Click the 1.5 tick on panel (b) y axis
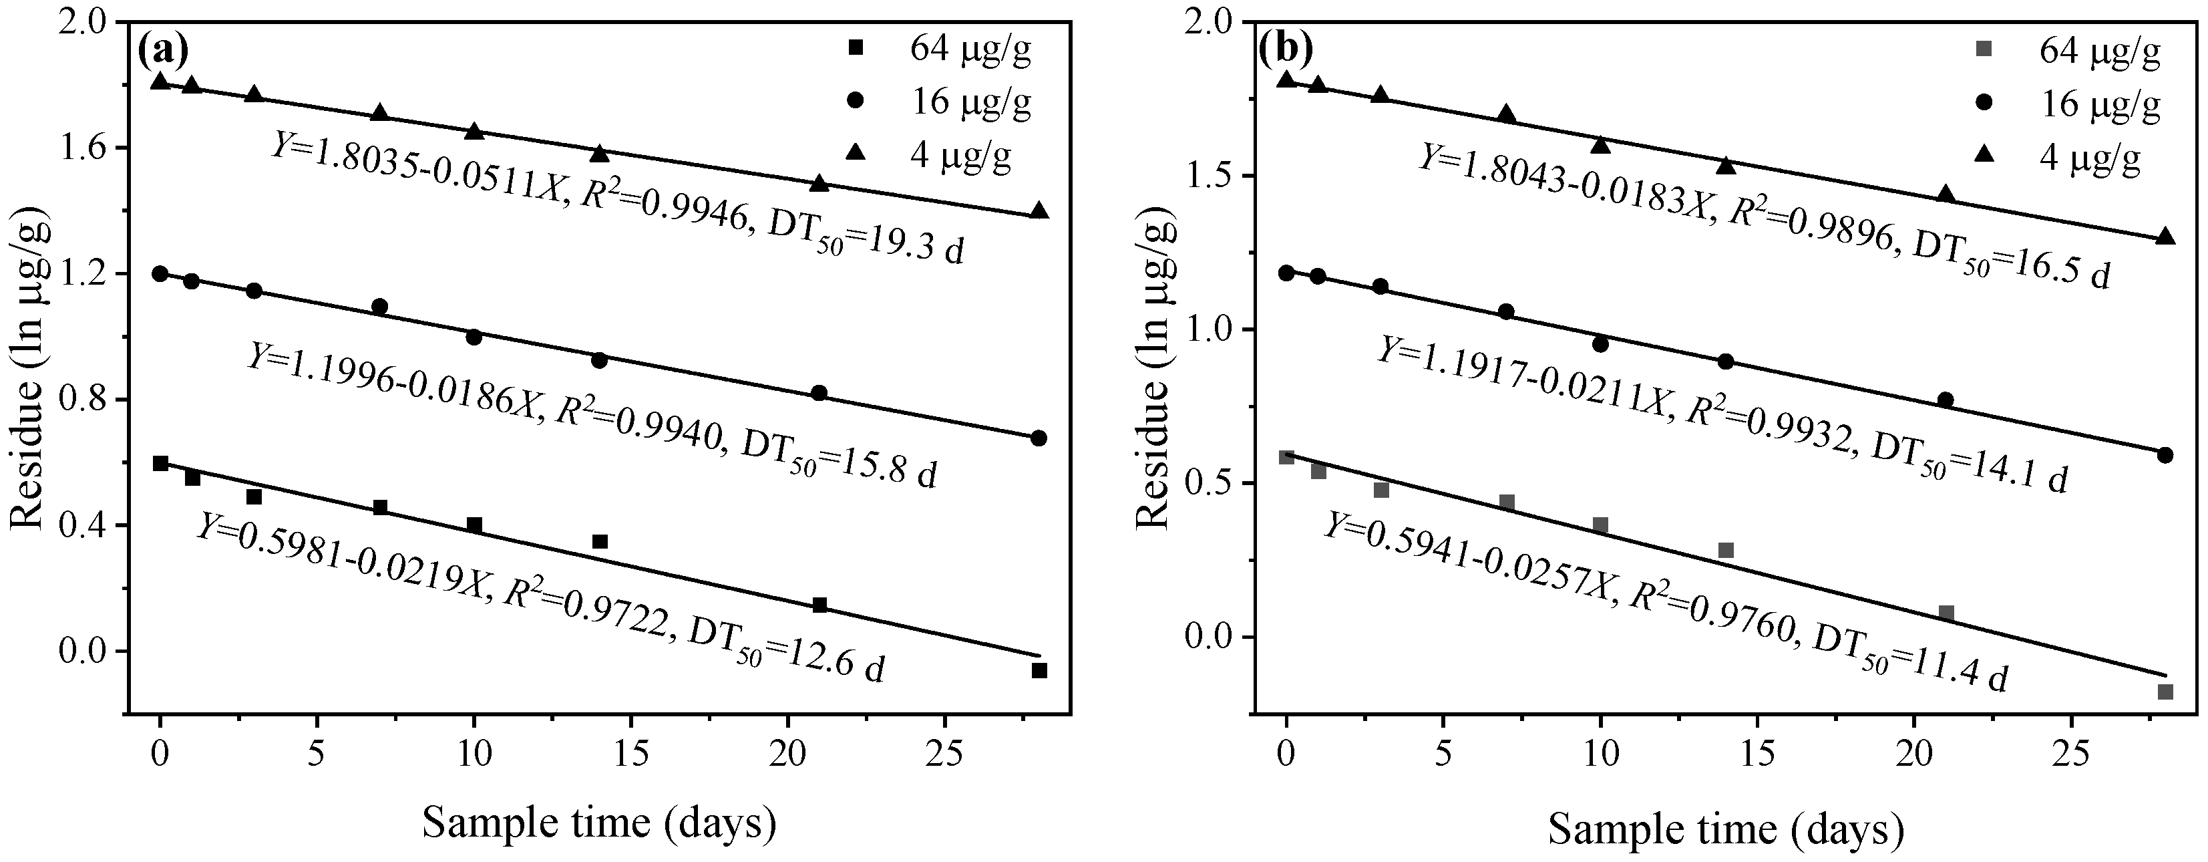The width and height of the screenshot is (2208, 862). coord(1216,176)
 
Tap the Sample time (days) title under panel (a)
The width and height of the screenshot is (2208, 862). coord(599,823)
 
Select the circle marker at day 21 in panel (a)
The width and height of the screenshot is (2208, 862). coord(819,393)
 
